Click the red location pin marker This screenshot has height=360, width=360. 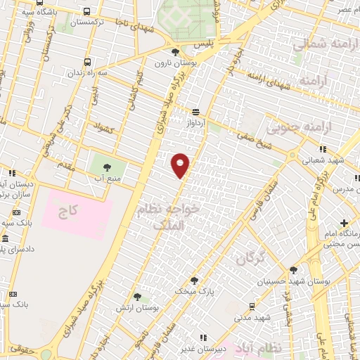point(181,165)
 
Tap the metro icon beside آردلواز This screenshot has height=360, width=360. point(195,111)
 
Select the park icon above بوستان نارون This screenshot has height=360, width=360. point(175,52)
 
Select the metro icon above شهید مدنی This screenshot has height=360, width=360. point(252,306)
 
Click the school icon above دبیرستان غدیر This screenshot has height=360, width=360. point(204,337)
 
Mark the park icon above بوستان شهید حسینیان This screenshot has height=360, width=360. point(293,269)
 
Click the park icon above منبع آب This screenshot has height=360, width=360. point(107,167)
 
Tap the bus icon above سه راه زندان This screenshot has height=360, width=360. point(87,63)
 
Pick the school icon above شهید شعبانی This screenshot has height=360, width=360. point(323,148)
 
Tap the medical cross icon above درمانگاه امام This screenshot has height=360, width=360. point(344,223)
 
